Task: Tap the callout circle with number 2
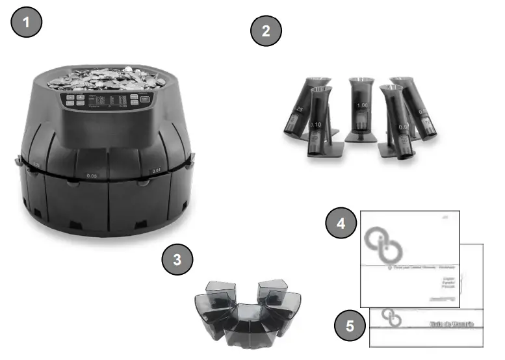pos(265,31)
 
